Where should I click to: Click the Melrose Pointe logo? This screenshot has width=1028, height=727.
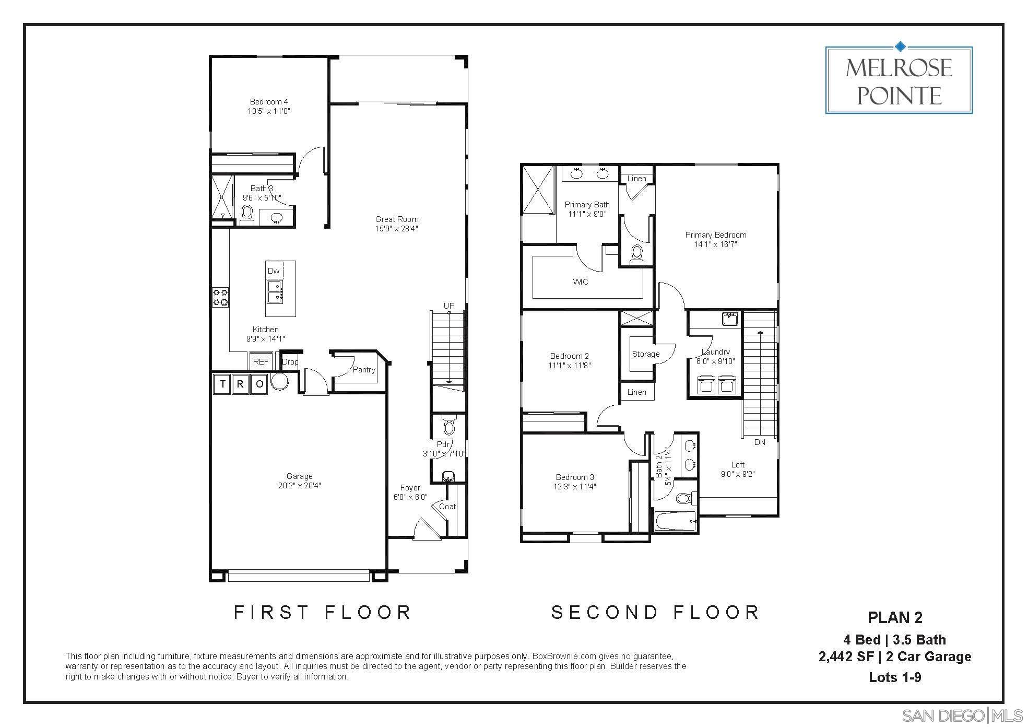(899, 80)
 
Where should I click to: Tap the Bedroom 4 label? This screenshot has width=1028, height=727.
(268, 101)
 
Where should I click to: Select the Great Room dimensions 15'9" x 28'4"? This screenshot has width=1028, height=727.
(396, 229)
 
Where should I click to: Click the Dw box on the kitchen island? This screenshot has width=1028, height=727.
(274, 271)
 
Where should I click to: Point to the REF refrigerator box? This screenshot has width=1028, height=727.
(261, 361)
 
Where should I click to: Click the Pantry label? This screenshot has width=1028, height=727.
(363, 369)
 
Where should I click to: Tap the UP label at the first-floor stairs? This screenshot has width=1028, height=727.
(448, 306)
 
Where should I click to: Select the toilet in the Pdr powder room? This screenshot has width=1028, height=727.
(448, 426)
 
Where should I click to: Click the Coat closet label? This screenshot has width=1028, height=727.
(447, 506)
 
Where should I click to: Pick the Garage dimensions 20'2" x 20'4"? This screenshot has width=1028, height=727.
(299, 485)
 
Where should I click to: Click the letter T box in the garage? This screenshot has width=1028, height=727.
(223, 385)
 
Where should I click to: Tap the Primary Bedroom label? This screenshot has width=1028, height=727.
(715, 235)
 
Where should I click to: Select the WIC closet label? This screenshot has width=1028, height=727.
(580, 282)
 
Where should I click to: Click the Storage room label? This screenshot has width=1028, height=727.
(645, 354)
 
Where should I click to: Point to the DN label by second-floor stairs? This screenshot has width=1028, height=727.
(760, 442)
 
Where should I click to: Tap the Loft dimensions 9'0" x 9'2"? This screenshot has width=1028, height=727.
(737, 474)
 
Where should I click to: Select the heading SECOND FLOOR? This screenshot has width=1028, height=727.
(655, 612)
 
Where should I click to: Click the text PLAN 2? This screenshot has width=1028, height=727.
(895, 617)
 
